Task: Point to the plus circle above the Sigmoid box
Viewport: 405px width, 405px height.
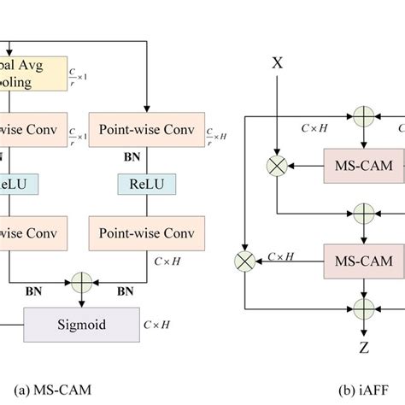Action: point(82,279)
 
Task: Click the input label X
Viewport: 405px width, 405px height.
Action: point(276,62)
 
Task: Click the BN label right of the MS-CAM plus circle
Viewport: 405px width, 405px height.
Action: point(125,291)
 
